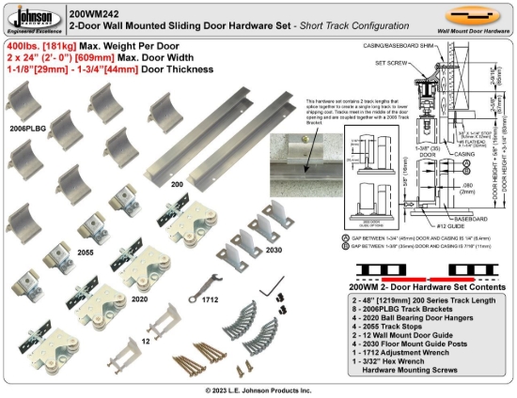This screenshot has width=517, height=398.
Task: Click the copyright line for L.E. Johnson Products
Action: click(258, 390)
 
